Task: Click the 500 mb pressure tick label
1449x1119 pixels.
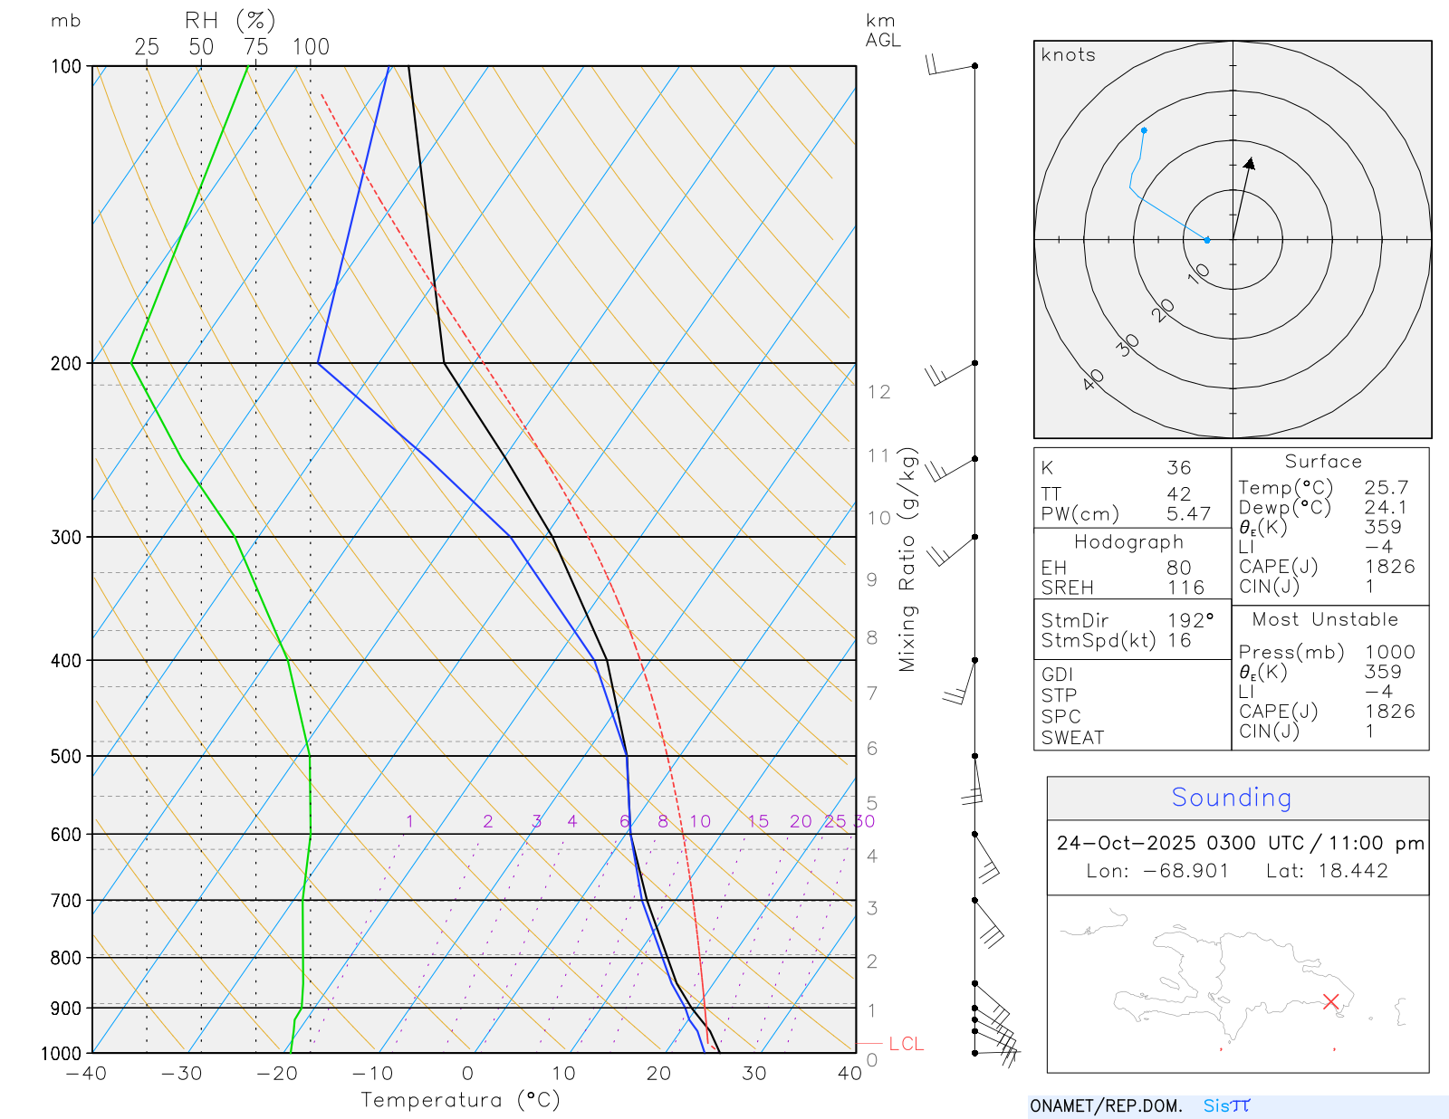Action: click(65, 756)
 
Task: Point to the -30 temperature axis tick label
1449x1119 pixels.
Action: click(181, 1074)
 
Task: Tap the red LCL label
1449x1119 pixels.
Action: click(906, 1044)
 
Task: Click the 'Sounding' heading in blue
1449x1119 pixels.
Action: click(1231, 798)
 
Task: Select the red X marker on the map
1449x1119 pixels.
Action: click(1330, 1001)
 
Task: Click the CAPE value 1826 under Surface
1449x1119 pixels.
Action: click(1389, 567)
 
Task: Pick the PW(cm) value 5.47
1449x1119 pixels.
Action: click(1188, 514)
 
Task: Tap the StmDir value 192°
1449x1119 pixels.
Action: click(1190, 621)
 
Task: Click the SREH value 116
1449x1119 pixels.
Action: click(1185, 588)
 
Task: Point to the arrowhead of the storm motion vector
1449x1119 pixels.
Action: click(1251, 163)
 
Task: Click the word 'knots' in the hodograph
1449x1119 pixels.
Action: click(1068, 55)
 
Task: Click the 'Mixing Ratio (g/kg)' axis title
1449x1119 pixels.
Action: click(907, 559)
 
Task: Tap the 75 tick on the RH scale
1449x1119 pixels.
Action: click(255, 47)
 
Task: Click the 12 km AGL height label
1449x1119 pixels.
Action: click(878, 392)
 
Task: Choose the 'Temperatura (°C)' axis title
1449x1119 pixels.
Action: click(460, 1100)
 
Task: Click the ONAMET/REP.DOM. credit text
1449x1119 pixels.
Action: click(1106, 1106)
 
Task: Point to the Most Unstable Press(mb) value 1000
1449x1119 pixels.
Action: click(1389, 652)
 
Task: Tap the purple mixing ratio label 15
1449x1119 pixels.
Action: click(758, 821)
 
